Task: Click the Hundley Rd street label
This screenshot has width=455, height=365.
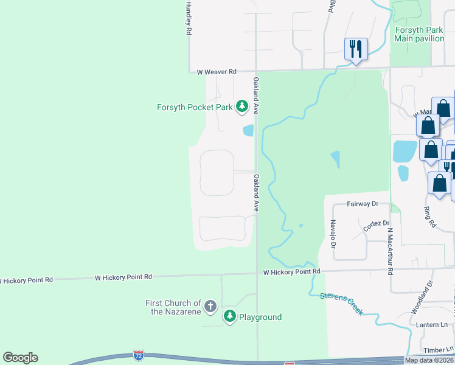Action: pos(189,18)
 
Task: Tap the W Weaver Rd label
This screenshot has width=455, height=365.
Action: pos(217,72)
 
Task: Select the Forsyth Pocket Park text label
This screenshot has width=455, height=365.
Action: pos(195,107)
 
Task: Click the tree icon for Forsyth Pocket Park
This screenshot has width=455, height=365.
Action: pos(242,107)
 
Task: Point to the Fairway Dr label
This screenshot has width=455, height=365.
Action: pos(363,204)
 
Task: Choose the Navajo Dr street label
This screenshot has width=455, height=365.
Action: pos(333,234)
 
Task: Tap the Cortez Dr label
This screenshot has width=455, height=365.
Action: pos(376,225)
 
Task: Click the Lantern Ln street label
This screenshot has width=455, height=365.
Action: pos(432,325)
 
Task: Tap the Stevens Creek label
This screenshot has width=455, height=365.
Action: pos(341,304)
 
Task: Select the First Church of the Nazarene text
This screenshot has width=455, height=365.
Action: pos(173,307)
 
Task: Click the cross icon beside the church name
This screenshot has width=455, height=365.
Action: pos(210,306)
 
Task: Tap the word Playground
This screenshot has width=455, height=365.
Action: pos(260,317)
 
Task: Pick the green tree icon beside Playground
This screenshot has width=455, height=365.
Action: pos(230,316)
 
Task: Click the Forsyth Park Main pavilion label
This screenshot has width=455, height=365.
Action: pos(419,34)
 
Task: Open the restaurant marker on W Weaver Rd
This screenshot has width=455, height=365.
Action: pos(356,49)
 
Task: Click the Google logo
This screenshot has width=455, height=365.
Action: pos(21,358)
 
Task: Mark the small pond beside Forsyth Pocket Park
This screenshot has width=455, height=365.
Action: pos(248,130)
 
